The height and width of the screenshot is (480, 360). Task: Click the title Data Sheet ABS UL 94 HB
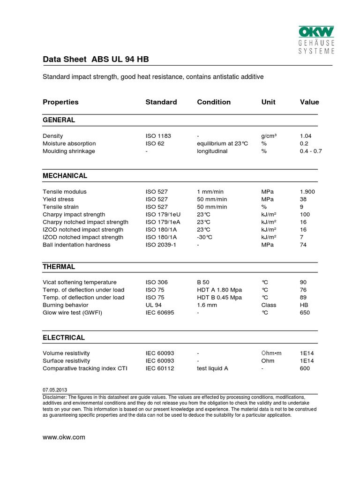coord(96,60)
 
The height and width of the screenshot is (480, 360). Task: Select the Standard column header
coord(161,102)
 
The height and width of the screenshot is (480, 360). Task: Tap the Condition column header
coord(214,102)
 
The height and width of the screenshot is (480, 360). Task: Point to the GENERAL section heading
coord(59,120)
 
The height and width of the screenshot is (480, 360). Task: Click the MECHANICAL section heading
coord(65,176)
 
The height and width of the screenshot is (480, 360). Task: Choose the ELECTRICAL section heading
coord(64,337)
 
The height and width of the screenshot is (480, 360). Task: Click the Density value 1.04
coord(306,136)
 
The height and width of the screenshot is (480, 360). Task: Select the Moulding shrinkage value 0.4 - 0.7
coord(311,151)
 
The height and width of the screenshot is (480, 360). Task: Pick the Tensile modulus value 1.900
coord(307,192)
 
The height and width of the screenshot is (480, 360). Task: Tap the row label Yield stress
coord(58,199)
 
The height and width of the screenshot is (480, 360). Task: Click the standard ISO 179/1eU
coord(163,214)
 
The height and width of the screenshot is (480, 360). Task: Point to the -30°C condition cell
coord(205,237)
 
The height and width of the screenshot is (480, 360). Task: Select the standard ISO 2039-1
coord(160,245)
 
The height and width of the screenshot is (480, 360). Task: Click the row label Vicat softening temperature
coord(79,282)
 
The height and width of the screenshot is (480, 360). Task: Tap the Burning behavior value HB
coord(304,305)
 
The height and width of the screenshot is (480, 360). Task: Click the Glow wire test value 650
coord(305,312)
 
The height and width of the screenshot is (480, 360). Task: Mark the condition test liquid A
coord(212,368)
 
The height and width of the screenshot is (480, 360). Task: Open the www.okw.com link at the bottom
coord(64,437)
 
